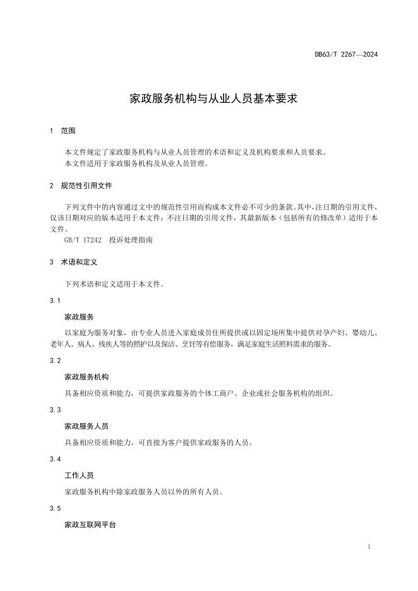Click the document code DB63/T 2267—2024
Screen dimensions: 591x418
coord(346,55)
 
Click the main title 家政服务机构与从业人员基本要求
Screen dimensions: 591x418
coord(209,99)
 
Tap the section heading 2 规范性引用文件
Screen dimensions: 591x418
coord(81,186)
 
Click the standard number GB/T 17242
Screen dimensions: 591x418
coord(83,241)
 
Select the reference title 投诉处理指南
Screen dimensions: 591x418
coord(131,241)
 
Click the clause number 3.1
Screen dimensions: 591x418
coord(55,300)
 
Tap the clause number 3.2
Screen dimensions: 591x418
coord(55,361)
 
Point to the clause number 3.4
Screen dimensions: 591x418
coord(55,459)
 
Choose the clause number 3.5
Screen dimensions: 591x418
coord(55,508)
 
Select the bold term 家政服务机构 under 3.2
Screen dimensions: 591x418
coord(87,377)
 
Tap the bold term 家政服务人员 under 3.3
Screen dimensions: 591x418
coord(87,426)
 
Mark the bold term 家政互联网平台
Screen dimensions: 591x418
coord(91,525)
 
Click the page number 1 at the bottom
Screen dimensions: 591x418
coord(368,547)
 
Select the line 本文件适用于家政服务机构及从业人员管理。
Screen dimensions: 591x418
coord(136,164)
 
